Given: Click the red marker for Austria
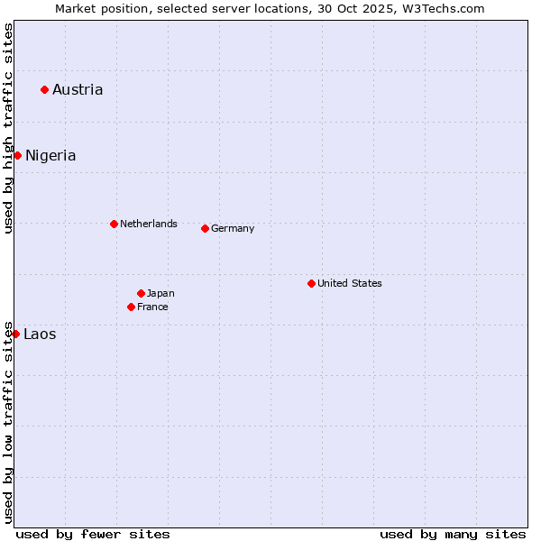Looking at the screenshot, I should coord(44,89).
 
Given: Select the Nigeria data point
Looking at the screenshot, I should coord(17,155).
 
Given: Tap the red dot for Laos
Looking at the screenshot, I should coord(15,334).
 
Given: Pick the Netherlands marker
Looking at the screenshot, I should coord(114,224).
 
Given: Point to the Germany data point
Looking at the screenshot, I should coord(205,228).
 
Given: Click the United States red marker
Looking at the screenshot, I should coord(311,283).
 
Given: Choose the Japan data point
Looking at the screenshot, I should coord(141,293).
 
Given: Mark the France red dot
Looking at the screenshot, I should coord(131,307).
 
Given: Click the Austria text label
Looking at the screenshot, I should coord(78,89).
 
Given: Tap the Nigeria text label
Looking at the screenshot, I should coord(50,155).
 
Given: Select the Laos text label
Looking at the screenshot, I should coord(40,334).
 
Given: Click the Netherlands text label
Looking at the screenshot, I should coord(149,224).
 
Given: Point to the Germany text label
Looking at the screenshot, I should coord(233,228).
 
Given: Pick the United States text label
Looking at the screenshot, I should coord(350,283).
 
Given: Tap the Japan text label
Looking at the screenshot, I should coord(160,293).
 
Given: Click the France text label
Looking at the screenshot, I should coord(152,307).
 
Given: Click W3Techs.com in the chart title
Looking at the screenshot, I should coord(442,8).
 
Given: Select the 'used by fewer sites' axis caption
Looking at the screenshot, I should coord(93,534).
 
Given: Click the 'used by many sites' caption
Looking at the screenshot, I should coord(453,534).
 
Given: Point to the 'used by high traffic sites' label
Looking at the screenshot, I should coord(8,128).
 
